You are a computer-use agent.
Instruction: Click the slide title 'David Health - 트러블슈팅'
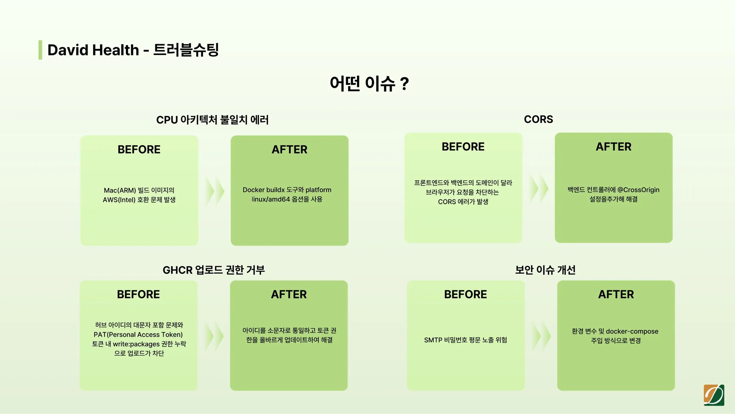click(x=133, y=50)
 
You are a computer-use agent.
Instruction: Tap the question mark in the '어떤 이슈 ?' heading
click(x=404, y=84)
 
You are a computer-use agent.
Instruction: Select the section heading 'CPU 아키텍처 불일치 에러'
click(x=212, y=120)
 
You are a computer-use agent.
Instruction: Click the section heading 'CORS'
click(x=538, y=119)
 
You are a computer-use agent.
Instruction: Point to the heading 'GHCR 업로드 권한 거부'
click(x=214, y=270)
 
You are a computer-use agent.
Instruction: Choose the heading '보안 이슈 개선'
click(x=545, y=270)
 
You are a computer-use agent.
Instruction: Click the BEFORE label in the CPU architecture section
click(x=139, y=149)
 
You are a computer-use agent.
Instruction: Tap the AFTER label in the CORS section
click(x=613, y=147)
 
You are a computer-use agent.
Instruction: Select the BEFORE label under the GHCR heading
click(x=138, y=294)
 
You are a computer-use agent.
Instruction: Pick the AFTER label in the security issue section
click(x=616, y=294)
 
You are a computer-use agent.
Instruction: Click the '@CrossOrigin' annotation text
click(x=638, y=190)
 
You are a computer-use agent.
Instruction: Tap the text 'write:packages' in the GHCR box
click(x=135, y=344)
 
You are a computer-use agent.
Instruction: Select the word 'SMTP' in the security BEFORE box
click(x=433, y=340)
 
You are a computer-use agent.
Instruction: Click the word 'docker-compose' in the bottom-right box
click(x=632, y=331)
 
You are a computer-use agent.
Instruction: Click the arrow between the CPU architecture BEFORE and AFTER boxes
click(x=215, y=191)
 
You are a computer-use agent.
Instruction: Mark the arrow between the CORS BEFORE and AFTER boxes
click(x=539, y=188)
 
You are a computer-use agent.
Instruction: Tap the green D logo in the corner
click(x=714, y=395)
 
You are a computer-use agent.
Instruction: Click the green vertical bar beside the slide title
click(x=40, y=50)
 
